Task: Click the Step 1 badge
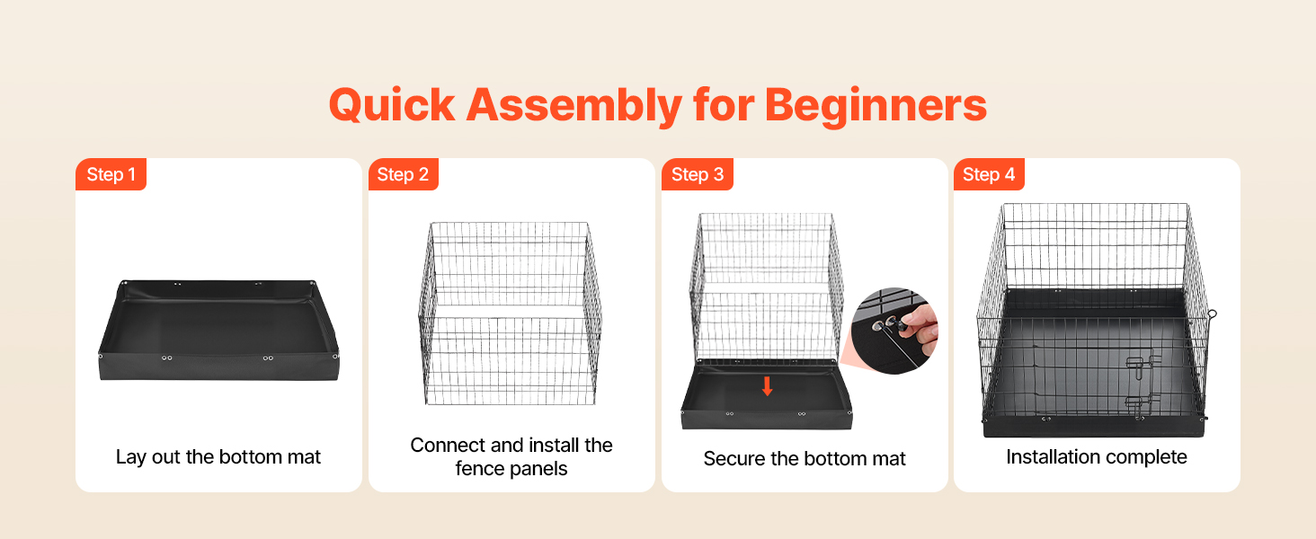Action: click(x=111, y=174)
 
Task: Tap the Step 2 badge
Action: click(x=403, y=174)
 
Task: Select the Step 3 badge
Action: click(x=698, y=174)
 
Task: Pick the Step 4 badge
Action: click(x=989, y=174)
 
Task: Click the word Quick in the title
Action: click(x=392, y=106)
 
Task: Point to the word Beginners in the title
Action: click(x=876, y=107)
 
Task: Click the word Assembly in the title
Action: click(x=574, y=107)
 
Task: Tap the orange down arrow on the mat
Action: click(x=767, y=386)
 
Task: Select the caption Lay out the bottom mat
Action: click(x=218, y=456)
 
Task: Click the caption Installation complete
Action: click(x=1097, y=456)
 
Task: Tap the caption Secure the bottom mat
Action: click(x=805, y=458)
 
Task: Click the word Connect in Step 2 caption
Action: click(x=448, y=445)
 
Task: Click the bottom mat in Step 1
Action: click(x=219, y=330)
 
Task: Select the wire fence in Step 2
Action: click(x=510, y=314)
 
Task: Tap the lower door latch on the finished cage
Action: click(x=1140, y=405)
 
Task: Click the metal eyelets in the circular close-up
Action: click(x=885, y=323)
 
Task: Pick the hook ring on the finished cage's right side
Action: click(x=1212, y=314)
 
